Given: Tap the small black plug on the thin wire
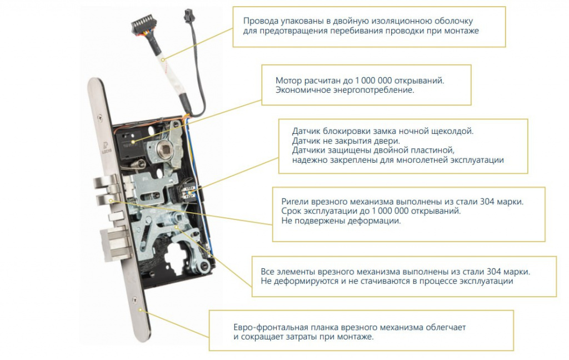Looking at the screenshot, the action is pyautogui.click(x=189, y=16).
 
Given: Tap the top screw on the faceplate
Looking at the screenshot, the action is pyautogui.click(x=100, y=118).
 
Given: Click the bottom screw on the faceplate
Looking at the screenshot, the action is pyautogui.click(x=134, y=300).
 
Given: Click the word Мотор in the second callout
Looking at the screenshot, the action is pyautogui.click(x=289, y=80).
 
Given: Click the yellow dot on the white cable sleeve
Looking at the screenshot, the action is pyautogui.click(x=163, y=59).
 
